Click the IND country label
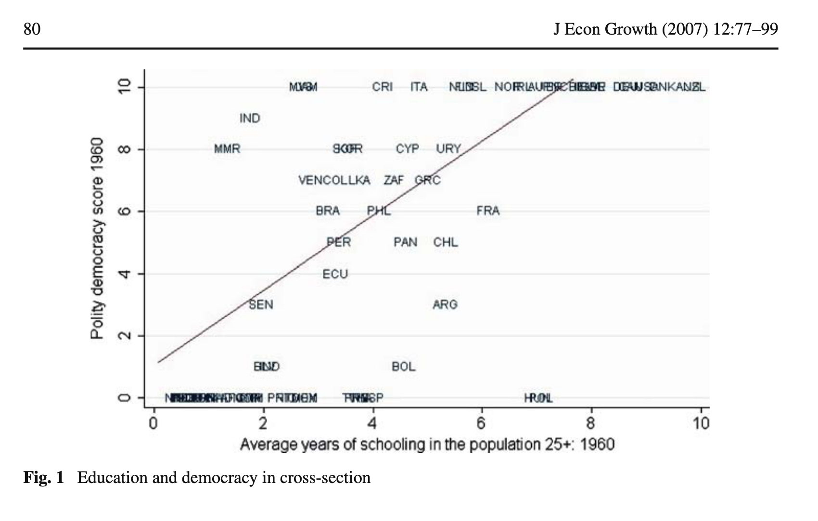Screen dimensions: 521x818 pos(250,118)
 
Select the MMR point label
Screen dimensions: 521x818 pos(227,149)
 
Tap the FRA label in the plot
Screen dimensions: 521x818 pos(488,211)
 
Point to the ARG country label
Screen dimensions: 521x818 pos(445,305)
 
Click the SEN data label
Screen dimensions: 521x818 pos(261,305)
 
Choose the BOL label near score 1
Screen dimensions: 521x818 pos(403,367)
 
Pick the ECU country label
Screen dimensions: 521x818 pos(335,274)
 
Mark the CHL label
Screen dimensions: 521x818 pos(446,242)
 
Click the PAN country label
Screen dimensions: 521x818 pos(405,242)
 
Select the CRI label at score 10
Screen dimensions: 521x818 pos(382,87)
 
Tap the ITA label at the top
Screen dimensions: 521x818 pos(419,87)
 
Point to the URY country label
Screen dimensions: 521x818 pos(448,149)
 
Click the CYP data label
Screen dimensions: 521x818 pos(407,149)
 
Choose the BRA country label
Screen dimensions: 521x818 pos(328,211)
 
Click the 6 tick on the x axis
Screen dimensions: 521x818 pos(482,423)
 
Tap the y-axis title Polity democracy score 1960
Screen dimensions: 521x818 pos(97,238)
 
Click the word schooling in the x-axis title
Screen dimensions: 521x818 pos(389,445)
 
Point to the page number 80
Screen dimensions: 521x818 pos(32,29)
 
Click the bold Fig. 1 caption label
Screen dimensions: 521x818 pos(44,478)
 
